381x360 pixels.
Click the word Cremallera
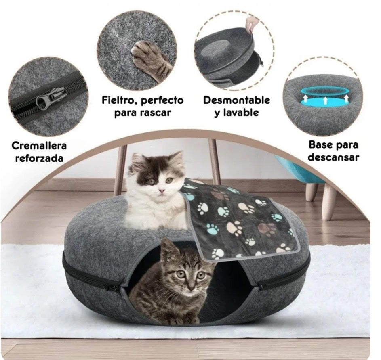[x=39, y=145]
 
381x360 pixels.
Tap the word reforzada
[x=39, y=158]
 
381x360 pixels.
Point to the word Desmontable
[x=236, y=100]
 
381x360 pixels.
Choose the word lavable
[x=246, y=112]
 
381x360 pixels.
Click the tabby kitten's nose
[x=190, y=285]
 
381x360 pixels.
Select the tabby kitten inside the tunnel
[x=178, y=287]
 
